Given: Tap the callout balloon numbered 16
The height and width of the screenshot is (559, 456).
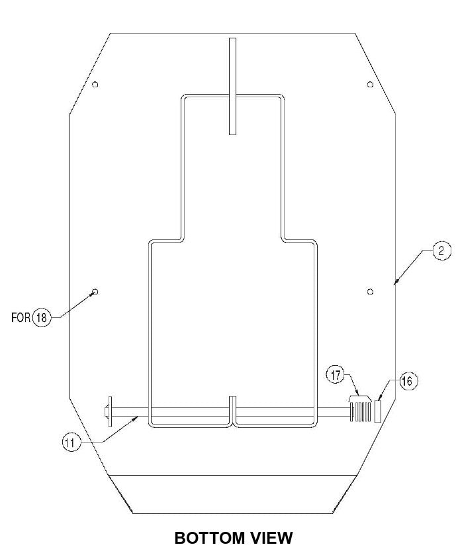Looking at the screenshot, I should click(x=407, y=381).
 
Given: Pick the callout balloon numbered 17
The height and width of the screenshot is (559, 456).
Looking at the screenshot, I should click(x=335, y=376).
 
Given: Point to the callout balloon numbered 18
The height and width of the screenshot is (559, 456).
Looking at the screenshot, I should click(x=41, y=318).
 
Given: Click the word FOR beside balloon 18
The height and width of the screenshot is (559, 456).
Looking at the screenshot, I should click(x=21, y=318).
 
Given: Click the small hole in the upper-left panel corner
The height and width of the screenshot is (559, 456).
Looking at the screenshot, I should click(x=95, y=84).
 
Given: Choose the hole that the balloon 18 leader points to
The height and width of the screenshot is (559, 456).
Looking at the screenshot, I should click(x=95, y=291).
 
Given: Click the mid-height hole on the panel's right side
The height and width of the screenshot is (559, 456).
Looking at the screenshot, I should click(x=370, y=291).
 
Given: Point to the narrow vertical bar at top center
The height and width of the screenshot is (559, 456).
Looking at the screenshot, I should click(x=232, y=86).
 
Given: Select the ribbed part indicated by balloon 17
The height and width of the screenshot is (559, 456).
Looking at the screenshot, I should click(x=361, y=409).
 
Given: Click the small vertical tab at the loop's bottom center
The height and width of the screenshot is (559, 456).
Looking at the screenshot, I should click(x=232, y=409).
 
